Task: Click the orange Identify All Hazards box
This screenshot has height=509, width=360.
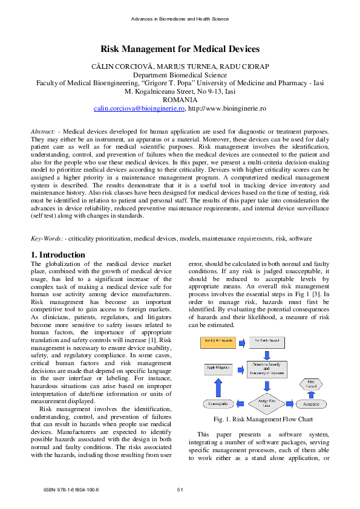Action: [218, 343]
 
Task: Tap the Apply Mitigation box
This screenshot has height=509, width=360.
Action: [218, 367]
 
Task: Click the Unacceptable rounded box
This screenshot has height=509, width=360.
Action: [218, 403]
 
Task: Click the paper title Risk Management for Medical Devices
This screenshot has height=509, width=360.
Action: [180, 49]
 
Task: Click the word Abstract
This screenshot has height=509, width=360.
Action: [42, 131]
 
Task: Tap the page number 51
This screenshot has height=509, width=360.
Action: [180, 489]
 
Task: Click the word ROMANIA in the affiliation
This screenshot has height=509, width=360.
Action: [180, 100]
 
